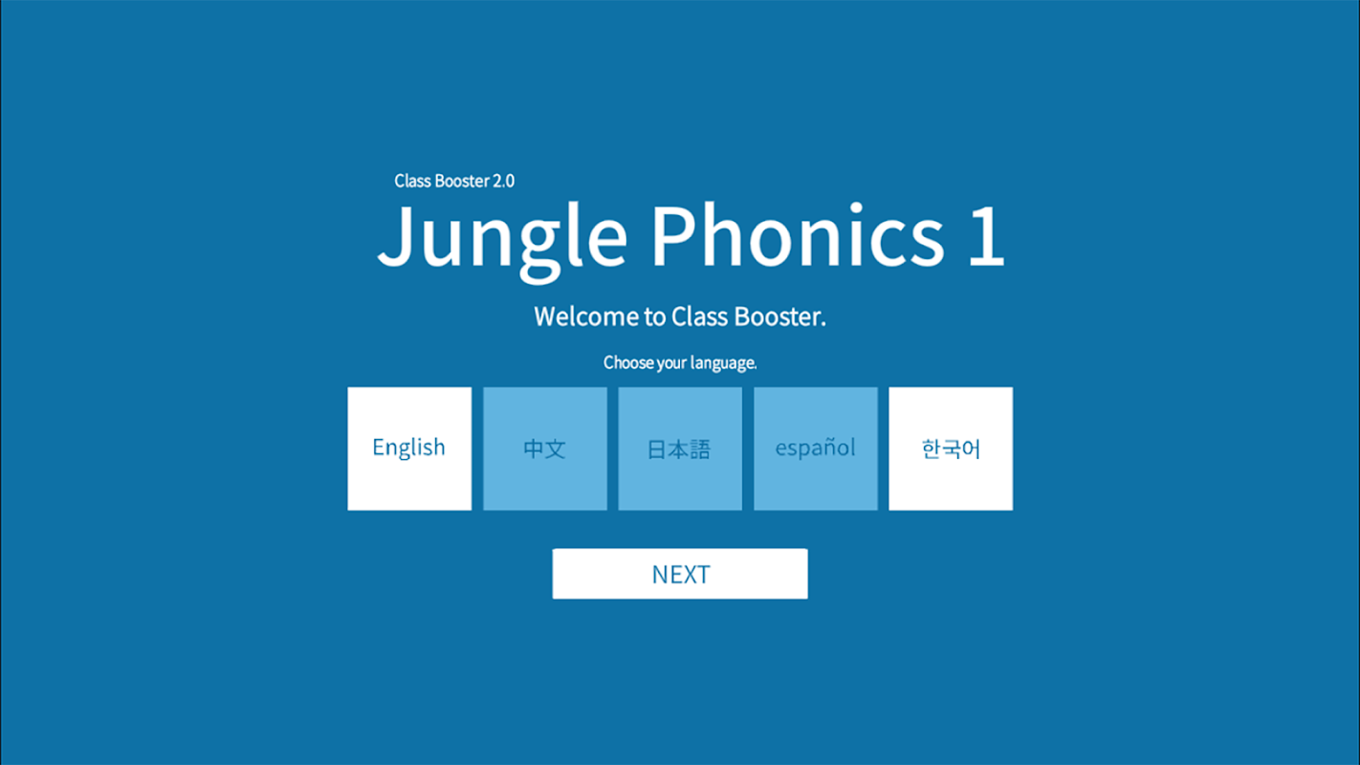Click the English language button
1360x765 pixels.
409,448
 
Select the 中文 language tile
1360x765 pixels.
544,448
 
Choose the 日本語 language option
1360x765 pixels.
680,448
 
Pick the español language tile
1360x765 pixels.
816,448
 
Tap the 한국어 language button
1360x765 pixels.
951,448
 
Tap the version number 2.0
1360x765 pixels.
503,181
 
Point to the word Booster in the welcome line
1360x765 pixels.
780,317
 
